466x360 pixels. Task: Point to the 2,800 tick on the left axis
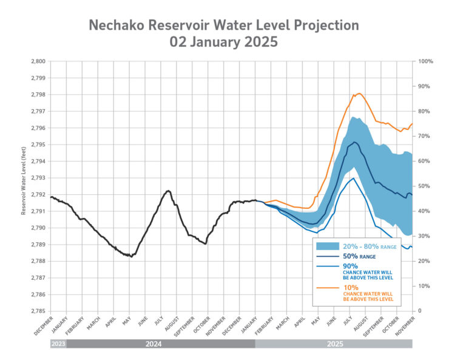pyautogui.click(x=38, y=61)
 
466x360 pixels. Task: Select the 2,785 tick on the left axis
pyautogui.click(x=38, y=311)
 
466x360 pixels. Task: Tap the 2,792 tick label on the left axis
pyautogui.click(x=38, y=195)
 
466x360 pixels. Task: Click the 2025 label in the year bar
pyautogui.click(x=333, y=344)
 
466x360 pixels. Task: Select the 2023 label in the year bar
pyautogui.click(x=58, y=344)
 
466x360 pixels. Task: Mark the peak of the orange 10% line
pyautogui.click(x=359, y=93)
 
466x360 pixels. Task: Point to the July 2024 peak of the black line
pyautogui.click(x=168, y=191)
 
